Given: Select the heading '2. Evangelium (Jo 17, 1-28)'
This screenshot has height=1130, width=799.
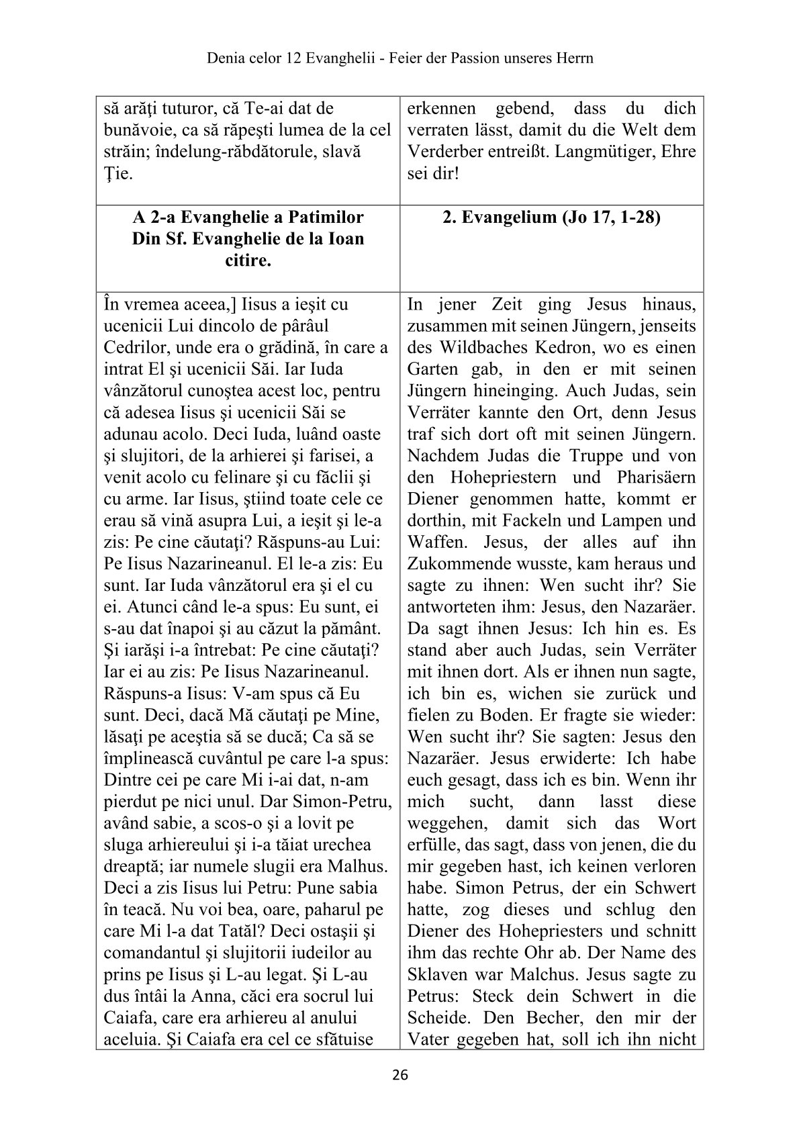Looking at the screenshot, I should coord(552,218).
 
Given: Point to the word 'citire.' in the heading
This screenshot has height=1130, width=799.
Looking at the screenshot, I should coord(248,261).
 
